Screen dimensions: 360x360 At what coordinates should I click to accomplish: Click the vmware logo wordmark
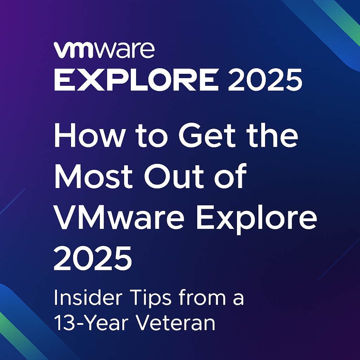(104, 50)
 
